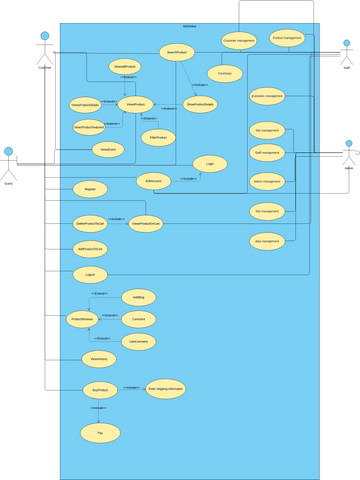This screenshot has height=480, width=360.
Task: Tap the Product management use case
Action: pyautogui.click(x=287, y=39)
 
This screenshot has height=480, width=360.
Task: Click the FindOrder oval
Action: pyautogui.click(x=224, y=72)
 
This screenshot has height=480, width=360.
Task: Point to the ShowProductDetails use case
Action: pyautogui.click(x=201, y=103)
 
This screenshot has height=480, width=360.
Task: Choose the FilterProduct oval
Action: pyautogui.click(x=156, y=136)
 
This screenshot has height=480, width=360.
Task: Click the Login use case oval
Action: pyautogui.click(x=209, y=162)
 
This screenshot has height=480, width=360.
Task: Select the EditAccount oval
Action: pyautogui.click(x=155, y=181)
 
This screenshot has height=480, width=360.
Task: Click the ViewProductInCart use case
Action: pyautogui.click(x=147, y=224)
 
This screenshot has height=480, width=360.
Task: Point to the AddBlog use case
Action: pyautogui.click(x=139, y=298)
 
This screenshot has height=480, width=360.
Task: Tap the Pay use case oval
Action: pyautogui.click(x=99, y=433)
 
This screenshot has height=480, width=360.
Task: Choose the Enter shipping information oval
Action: pyautogui.click(x=166, y=388)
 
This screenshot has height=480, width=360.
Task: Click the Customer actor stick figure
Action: pyautogui.click(x=44, y=48)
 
